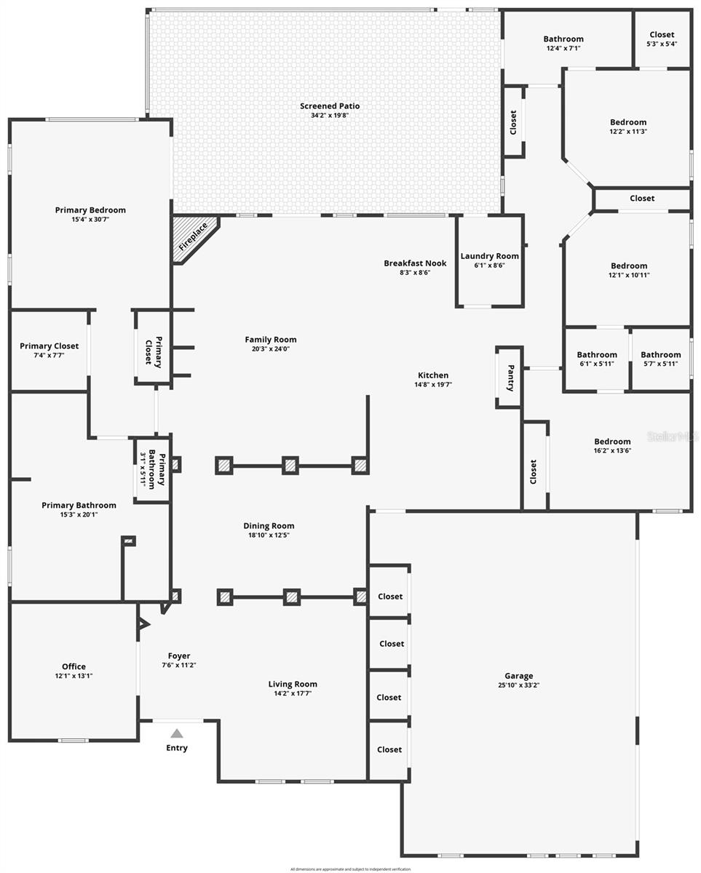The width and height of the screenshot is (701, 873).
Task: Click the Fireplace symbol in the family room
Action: pos(193,237)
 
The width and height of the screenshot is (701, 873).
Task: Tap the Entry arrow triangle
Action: pos(177,734)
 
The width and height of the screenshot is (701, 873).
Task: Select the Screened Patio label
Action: pos(330,106)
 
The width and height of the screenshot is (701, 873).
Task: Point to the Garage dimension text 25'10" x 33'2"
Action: pos(519,685)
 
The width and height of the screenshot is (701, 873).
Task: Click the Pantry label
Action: pos(510,378)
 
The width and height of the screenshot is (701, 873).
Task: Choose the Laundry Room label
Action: pos(489,256)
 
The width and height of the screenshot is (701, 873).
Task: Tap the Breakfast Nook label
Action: pos(415,263)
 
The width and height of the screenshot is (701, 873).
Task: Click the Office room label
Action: pos(74,666)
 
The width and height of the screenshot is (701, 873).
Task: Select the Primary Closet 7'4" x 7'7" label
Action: pos(49,346)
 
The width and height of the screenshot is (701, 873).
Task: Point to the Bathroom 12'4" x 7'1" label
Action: pos(563,39)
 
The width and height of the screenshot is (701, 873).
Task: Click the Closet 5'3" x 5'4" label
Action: pos(662,34)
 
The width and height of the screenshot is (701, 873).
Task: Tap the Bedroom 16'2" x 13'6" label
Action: pos(612,442)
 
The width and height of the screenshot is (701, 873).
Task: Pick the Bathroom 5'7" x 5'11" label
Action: pos(660,355)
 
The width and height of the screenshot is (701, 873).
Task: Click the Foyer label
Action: pos(179,656)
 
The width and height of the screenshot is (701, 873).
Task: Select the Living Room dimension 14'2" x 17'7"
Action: pos(293,693)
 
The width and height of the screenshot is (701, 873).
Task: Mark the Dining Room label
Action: pos(269,526)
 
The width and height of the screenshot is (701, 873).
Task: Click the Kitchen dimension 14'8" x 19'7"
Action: pos(433,385)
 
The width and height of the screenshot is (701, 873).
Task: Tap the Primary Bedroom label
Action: pos(90,210)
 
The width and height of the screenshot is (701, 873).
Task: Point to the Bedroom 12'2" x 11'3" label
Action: pos(628,122)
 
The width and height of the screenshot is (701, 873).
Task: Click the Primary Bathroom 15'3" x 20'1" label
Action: pos(79,506)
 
